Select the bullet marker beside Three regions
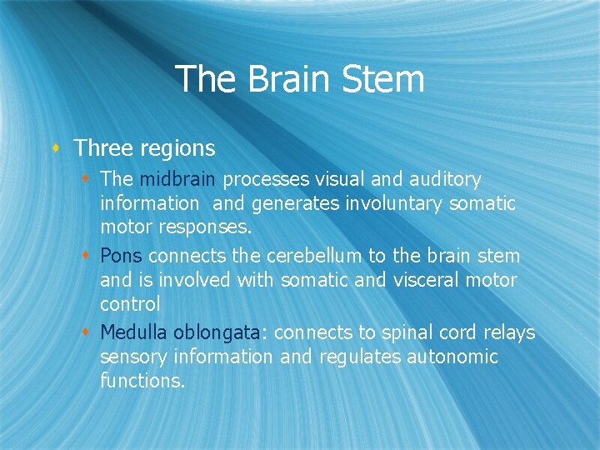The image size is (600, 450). [x=57, y=149]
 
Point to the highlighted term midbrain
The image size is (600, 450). [x=178, y=179]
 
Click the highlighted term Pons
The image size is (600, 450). [x=122, y=255]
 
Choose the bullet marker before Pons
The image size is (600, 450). [x=87, y=255]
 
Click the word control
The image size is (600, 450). [x=130, y=304]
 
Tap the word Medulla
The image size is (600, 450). [x=134, y=332]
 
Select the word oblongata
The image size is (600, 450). [x=217, y=332]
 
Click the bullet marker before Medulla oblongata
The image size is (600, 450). [x=87, y=332]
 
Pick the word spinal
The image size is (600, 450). [x=405, y=332]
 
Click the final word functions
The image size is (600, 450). [x=142, y=381]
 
